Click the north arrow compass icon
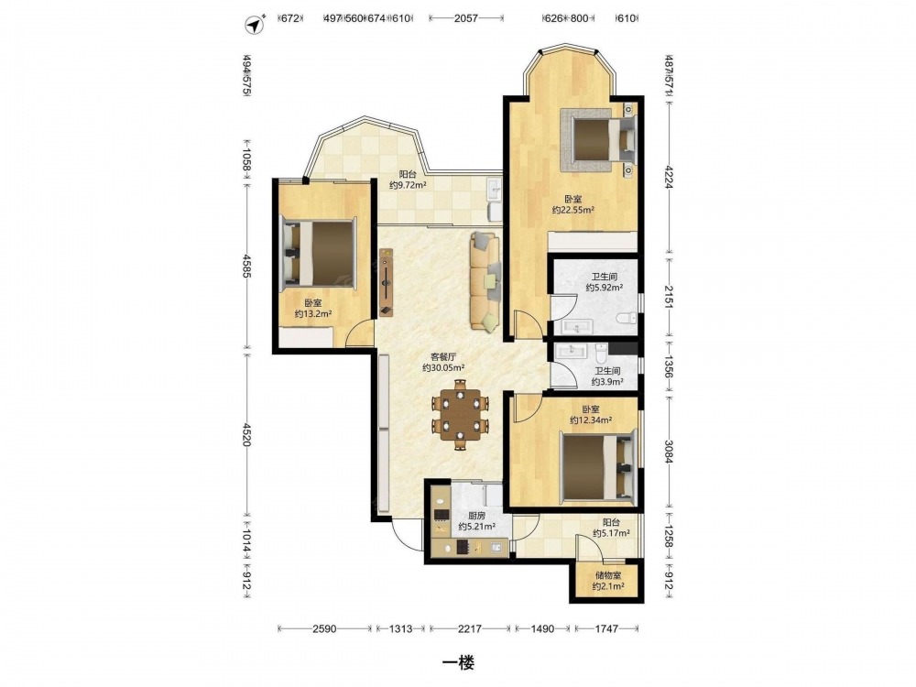pyautogui.click(x=254, y=25)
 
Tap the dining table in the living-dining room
pyautogui.click(x=461, y=415)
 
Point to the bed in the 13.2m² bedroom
pyautogui.click(x=319, y=255)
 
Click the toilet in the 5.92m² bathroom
pyautogui.click(x=627, y=319)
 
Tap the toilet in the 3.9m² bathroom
pyautogui.click(x=602, y=352)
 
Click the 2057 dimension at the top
pyautogui.click(x=466, y=18)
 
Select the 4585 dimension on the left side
pyautogui.click(x=247, y=266)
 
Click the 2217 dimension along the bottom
pyautogui.click(x=470, y=628)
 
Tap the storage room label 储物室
pyautogui.click(x=608, y=576)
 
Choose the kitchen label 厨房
pyautogui.click(x=476, y=516)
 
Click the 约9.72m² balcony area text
pyautogui.click(x=408, y=185)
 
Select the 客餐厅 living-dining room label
pyautogui.click(x=443, y=356)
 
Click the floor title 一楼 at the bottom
pyautogui.click(x=458, y=662)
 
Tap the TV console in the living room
pyautogui.click(x=387, y=282)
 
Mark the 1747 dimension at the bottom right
pyautogui.click(x=607, y=628)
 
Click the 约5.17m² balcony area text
pyautogui.click(x=611, y=533)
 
